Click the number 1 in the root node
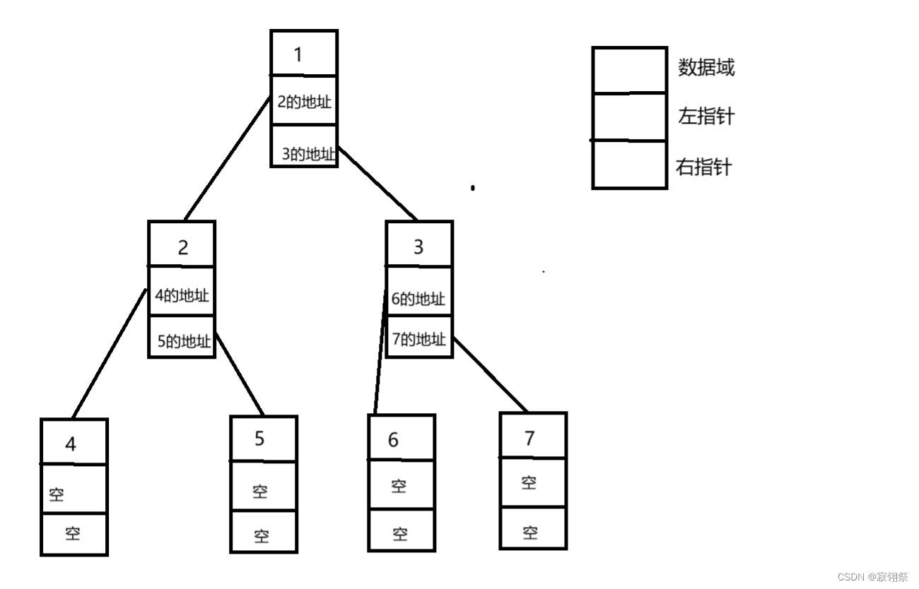click(x=298, y=54)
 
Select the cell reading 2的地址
click(x=304, y=101)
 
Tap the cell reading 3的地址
click(x=308, y=153)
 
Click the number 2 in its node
click(x=182, y=247)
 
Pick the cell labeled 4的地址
click(x=182, y=294)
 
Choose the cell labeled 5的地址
click(x=184, y=341)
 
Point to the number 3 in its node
click(x=418, y=247)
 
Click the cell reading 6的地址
click(x=418, y=298)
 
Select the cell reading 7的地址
click(x=419, y=339)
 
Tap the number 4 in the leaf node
click(x=71, y=444)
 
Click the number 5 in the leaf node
click(x=259, y=439)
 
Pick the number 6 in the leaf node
click(x=393, y=440)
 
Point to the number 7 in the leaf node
click(x=529, y=438)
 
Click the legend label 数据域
click(x=706, y=68)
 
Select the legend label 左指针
click(x=706, y=116)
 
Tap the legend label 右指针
click(x=704, y=167)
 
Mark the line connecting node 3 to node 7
click(x=489, y=374)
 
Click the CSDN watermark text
click(x=872, y=577)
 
